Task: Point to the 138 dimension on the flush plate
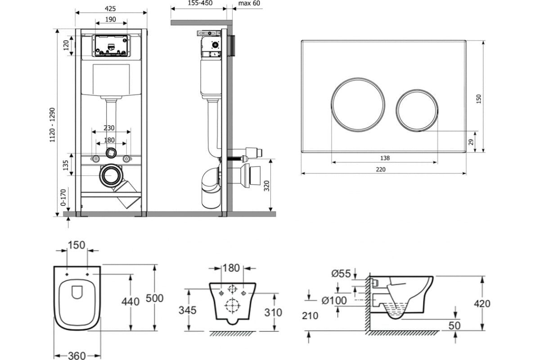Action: [x=384, y=158]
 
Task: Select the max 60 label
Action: [x=249, y=3]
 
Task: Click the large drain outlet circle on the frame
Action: [x=110, y=175]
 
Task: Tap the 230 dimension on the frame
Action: [x=109, y=127]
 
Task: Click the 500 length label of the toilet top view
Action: [x=154, y=298]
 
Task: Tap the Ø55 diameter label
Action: [x=342, y=273]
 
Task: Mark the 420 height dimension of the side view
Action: [x=482, y=304]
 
